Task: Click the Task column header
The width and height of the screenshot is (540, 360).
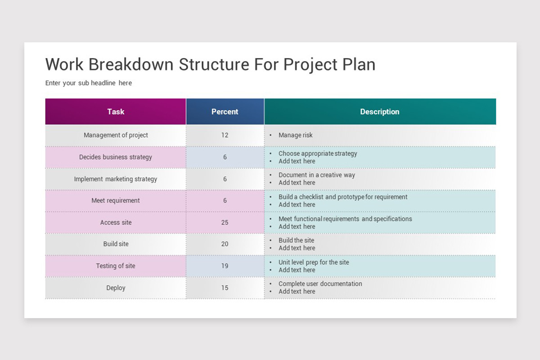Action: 116,112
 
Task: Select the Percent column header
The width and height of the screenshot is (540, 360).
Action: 225,112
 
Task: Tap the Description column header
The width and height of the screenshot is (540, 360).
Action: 379,112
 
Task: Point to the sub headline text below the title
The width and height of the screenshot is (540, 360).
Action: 88,83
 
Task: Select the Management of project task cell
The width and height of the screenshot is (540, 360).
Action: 116,135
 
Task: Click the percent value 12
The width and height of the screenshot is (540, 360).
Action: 225,135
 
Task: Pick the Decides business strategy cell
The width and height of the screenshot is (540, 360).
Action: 116,157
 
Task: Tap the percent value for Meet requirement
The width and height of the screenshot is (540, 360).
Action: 225,201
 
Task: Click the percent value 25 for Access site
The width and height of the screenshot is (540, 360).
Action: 225,222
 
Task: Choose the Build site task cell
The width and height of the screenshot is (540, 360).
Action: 116,244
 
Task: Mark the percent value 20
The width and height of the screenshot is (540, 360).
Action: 225,244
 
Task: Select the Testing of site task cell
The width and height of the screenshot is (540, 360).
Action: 116,266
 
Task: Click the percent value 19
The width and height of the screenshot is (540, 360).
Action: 225,266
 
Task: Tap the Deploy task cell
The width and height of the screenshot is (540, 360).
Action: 116,288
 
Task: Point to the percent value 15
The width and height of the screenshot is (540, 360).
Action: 225,288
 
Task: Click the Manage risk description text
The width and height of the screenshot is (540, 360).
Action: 295,135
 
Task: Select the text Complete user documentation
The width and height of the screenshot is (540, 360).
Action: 320,284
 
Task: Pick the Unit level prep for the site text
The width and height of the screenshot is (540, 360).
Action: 314,262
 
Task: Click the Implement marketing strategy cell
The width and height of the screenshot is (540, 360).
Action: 116,179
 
